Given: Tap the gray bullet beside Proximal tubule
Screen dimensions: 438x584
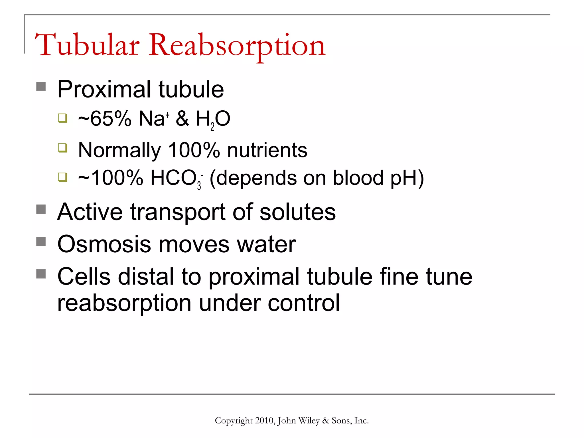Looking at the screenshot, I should pos(41,87).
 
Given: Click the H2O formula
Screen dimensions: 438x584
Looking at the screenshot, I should pos(213,119).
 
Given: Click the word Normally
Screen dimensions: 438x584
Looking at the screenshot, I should pos(119,151).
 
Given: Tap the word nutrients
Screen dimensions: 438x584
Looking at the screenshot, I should pos(267,150).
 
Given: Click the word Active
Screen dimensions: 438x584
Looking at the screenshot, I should pos(90,212).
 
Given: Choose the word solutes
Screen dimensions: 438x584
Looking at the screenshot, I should pos(298,212).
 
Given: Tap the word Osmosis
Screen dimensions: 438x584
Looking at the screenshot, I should pos(104,244).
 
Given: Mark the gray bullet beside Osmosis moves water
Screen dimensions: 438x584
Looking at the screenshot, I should pos(41,242).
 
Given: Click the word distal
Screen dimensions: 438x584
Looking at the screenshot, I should pos(146,276).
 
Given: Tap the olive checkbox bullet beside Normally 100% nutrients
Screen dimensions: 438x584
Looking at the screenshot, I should pos(63,148).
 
